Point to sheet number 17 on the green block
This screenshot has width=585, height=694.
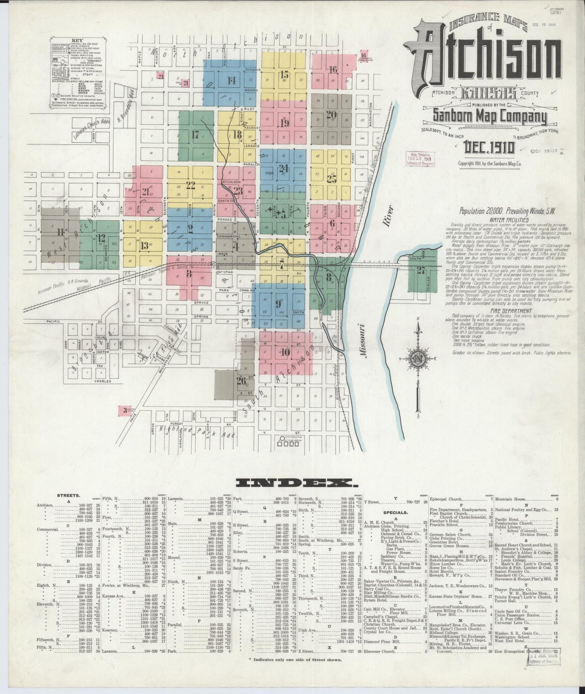click(196, 135)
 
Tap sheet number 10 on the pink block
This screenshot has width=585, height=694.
click(285, 352)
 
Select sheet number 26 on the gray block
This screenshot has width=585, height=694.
click(241, 381)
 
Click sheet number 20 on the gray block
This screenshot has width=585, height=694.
click(331, 115)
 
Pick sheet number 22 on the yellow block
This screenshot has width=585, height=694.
click(190, 185)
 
